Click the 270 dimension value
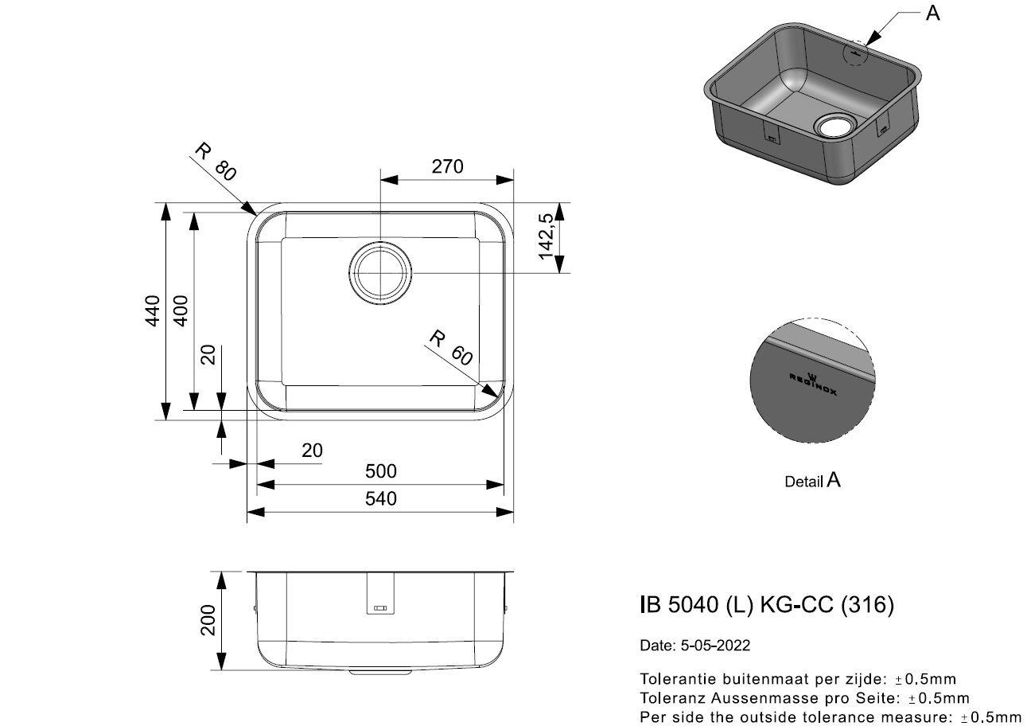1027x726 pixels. tap(447, 166)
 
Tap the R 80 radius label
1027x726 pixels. tap(216, 162)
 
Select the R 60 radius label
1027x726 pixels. tap(450, 348)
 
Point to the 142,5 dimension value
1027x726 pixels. tap(546, 236)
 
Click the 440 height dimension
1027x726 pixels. tap(152, 310)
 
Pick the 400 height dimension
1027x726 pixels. tap(181, 310)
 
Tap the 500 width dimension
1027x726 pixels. tap(380, 470)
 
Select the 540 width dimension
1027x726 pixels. tap(380, 498)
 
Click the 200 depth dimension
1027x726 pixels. tap(208, 620)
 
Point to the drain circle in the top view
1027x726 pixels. tap(380, 273)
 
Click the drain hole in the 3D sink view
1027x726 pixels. tap(835, 125)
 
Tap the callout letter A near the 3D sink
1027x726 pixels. tap(932, 14)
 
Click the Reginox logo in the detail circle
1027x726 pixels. tap(813, 383)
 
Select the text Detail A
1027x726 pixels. tap(812, 481)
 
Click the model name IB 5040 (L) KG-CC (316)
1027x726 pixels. tap(767, 604)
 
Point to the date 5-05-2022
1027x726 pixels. tap(715, 646)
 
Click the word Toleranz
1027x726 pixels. tap(672, 697)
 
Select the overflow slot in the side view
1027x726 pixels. tap(380, 608)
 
